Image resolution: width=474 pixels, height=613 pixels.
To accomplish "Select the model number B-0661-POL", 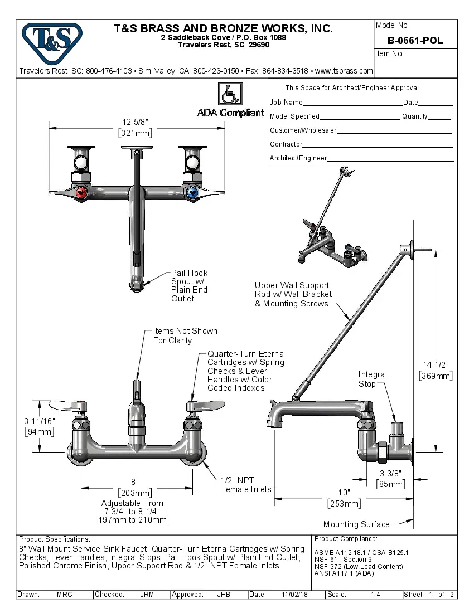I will (415, 41).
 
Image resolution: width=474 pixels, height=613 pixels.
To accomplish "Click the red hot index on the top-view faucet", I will (82, 193).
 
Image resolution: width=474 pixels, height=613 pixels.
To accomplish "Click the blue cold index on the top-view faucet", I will (193, 193).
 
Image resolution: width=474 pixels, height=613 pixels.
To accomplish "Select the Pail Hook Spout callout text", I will (189, 285).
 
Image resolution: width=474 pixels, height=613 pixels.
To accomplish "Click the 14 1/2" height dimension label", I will (436, 371).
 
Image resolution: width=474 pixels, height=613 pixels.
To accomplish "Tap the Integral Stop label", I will (373, 379).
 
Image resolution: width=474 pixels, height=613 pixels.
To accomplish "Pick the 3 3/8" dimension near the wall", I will (390, 479).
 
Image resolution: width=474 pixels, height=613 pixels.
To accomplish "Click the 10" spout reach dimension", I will (344, 498).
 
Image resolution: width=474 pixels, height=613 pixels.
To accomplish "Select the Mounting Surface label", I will (356, 524).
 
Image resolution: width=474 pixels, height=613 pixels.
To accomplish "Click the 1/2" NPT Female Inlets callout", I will (245, 484).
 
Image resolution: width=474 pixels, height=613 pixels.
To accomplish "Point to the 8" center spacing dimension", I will (135, 487).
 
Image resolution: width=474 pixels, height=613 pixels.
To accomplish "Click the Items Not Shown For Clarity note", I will (185, 335).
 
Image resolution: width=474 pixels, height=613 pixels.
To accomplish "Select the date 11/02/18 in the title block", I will (295, 595).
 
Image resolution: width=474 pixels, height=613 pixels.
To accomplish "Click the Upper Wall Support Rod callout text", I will (293, 294).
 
